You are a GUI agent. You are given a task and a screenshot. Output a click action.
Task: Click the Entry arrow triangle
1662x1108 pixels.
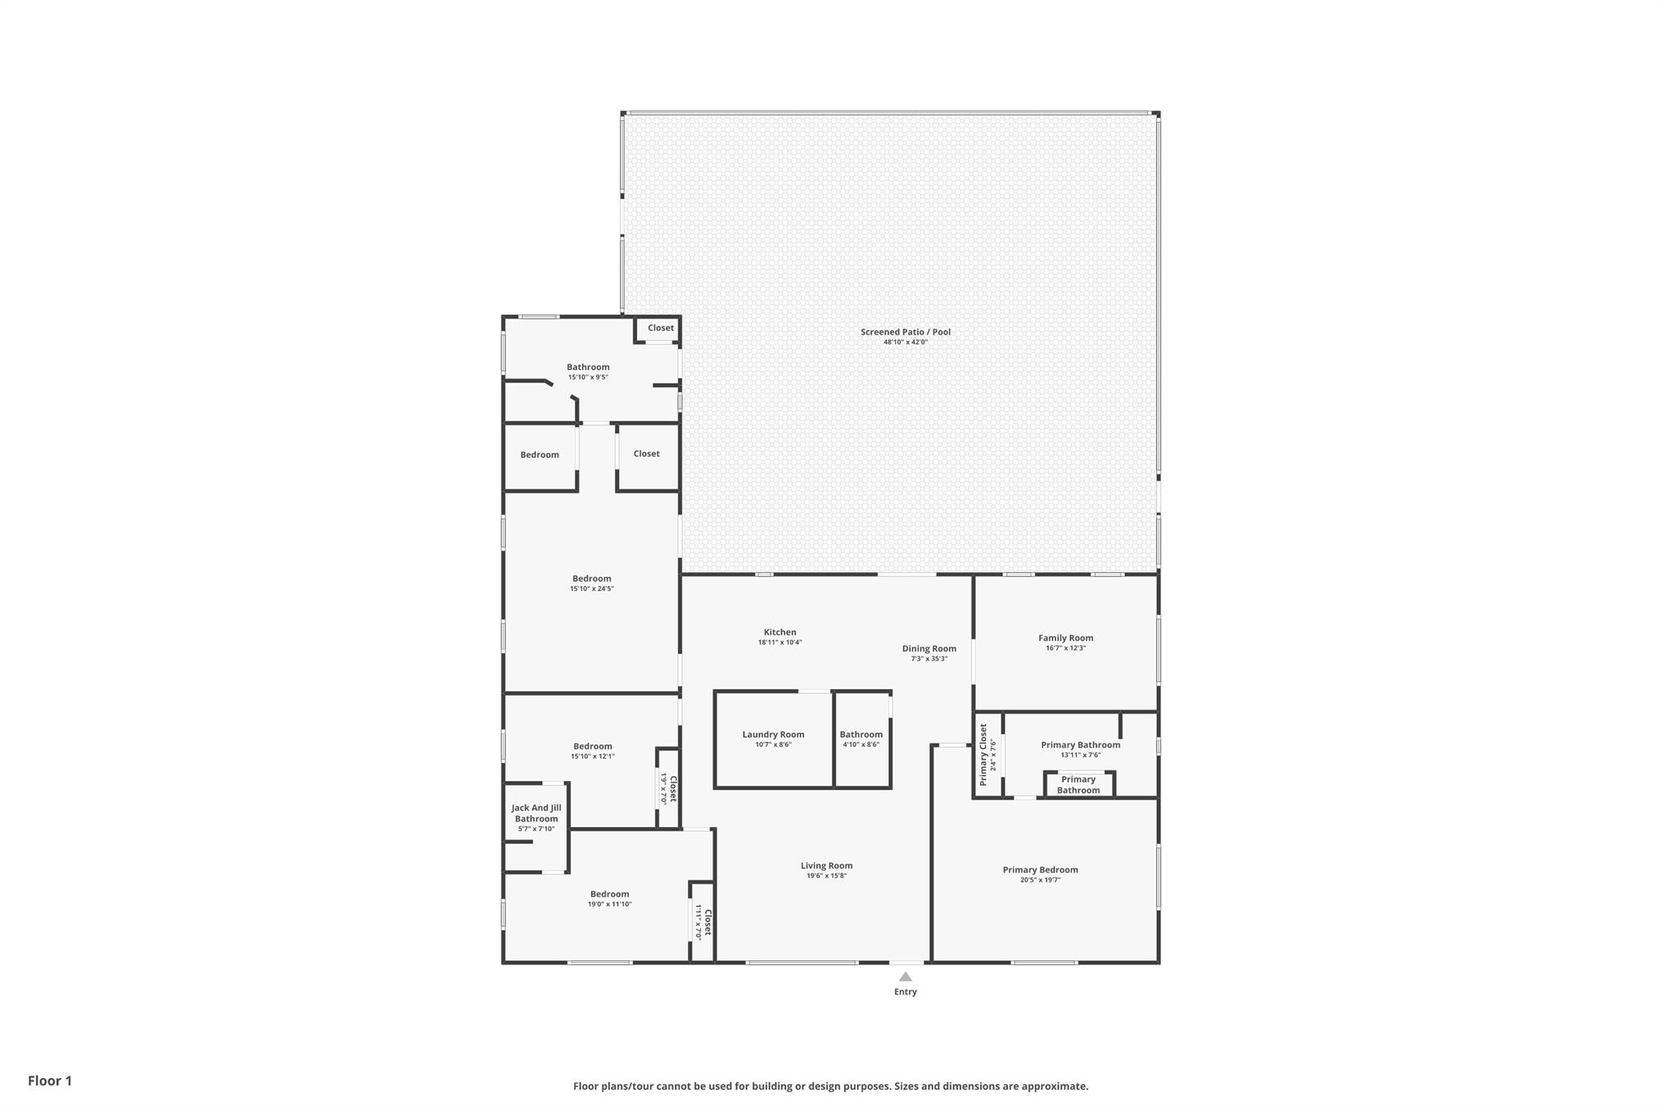[906, 977]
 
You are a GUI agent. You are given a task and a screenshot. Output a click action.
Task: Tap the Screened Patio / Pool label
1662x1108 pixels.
[906, 332]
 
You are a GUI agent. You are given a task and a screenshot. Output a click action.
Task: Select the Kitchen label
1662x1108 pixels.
[780, 632]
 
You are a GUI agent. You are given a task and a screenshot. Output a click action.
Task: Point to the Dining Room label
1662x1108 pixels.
[929, 649]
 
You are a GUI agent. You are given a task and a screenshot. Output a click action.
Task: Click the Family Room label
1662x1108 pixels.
[1066, 638]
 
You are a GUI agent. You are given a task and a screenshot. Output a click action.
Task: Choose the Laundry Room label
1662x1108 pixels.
[773, 735]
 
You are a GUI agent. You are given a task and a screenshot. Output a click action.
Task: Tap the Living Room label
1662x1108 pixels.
[827, 865]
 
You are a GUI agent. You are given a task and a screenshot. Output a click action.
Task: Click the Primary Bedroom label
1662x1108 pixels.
[1040, 870]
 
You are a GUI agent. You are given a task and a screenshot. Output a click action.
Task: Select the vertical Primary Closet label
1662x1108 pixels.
[984, 754]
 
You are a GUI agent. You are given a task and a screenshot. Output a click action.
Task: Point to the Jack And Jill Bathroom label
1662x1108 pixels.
[536, 813]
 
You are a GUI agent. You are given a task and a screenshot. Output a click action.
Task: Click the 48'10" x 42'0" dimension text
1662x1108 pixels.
[906, 343]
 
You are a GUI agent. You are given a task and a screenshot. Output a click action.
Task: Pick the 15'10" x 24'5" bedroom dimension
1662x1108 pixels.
[592, 588]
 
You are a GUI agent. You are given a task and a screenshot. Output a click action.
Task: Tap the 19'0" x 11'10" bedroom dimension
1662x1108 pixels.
[609, 904]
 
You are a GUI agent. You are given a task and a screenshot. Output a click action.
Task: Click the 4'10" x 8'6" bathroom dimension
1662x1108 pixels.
[861, 744]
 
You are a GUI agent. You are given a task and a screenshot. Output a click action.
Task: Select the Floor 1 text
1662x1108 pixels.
[50, 1080]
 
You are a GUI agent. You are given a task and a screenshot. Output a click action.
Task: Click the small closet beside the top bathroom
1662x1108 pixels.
[661, 328]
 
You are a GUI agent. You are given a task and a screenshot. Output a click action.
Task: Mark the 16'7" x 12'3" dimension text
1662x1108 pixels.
[1066, 648]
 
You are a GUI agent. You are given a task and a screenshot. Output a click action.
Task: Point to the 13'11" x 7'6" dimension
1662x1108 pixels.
[1080, 755]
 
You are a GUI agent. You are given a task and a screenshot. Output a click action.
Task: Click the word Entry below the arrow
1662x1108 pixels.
[906, 992]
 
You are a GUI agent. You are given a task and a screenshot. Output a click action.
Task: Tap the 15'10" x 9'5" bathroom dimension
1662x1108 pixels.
[588, 377]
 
